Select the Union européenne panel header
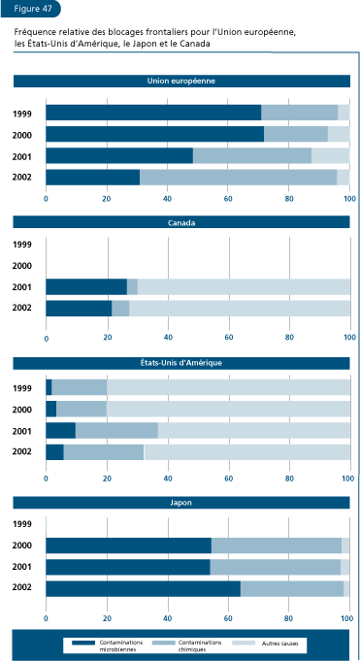tap(180, 82)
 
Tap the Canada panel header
tap(180, 222)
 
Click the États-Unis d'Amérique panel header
tap(180, 362)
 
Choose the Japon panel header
tap(180, 503)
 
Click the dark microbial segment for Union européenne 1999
tap(153, 113)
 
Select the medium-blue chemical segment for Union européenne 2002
tap(238, 177)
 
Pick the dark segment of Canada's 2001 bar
tap(86, 286)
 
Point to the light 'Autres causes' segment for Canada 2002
tap(239, 308)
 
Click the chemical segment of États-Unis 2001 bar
tap(116, 430)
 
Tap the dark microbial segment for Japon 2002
tap(143, 588)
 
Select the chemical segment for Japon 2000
tap(277, 545)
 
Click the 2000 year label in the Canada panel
tap(22, 266)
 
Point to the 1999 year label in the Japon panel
tap(22, 524)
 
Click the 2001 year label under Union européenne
tap(22, 156)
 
